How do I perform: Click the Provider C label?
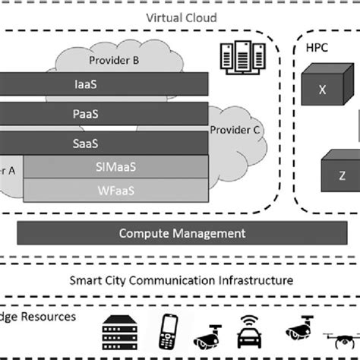pos(235,130)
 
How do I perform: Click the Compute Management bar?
pos(182,233)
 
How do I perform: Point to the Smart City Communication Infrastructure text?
pos(180,280)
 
